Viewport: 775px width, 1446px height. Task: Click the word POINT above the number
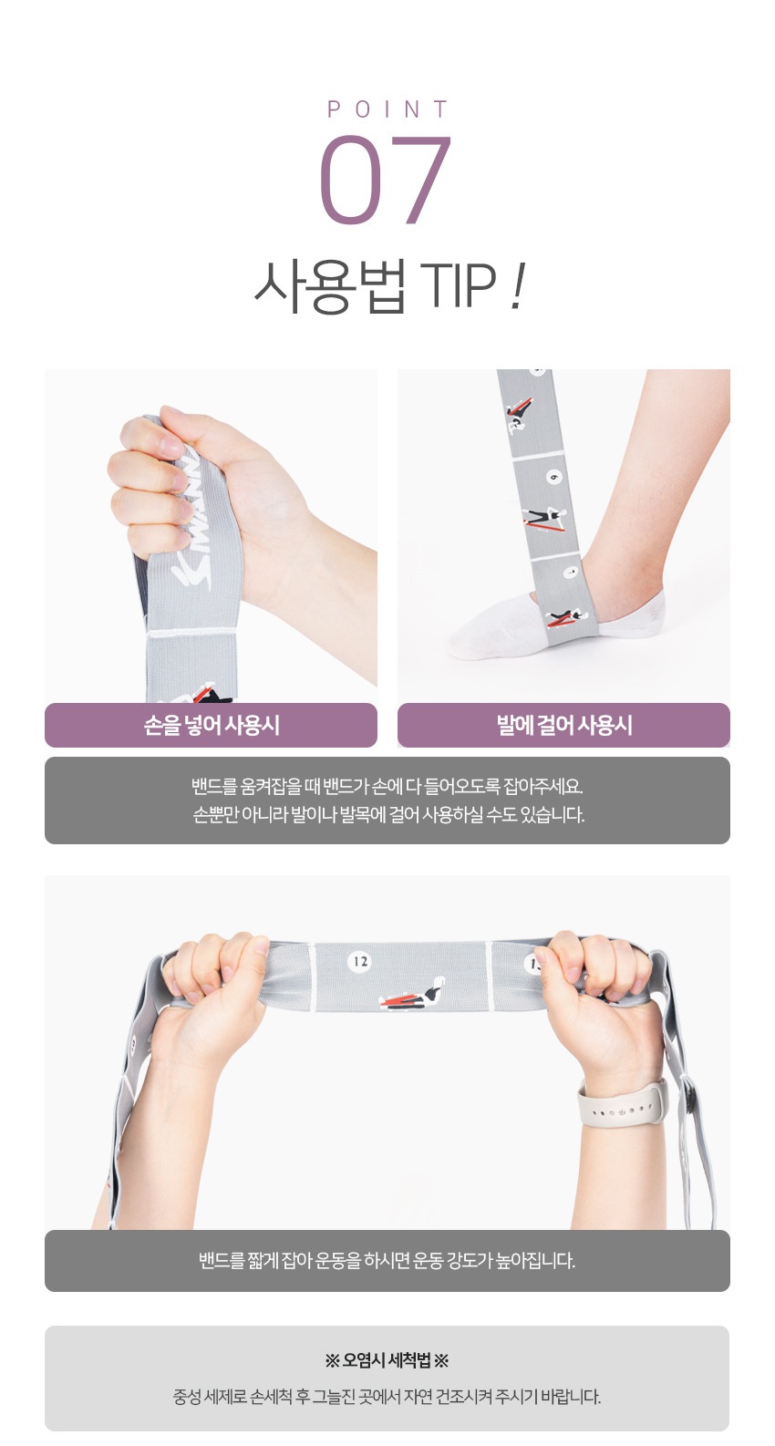pyautogui.click(x=387, y=109)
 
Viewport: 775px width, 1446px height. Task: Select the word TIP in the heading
pyautogui.click(x=458, y=285)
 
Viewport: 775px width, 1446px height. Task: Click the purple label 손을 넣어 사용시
pyautogui.click(x=211, y=725)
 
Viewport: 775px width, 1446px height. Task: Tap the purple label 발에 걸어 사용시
pyautogui.click(x=564, y=725)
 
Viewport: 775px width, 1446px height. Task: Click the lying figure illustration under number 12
pyautogui.click(x=413, y=994)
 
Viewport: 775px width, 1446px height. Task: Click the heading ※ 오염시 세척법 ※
pyautogui.click(x=387, y=1361)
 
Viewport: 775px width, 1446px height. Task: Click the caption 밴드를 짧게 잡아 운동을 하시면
pyautogui.click(x=387, y=1261)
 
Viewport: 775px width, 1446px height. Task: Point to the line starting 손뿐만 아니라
pyautogui.click(x=388, y=815)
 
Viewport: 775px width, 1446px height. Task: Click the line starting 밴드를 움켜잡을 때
pyautogui.click(x=387, y=786)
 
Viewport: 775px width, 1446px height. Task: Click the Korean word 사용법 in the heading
pyautogui.click(x=329, y=286)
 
